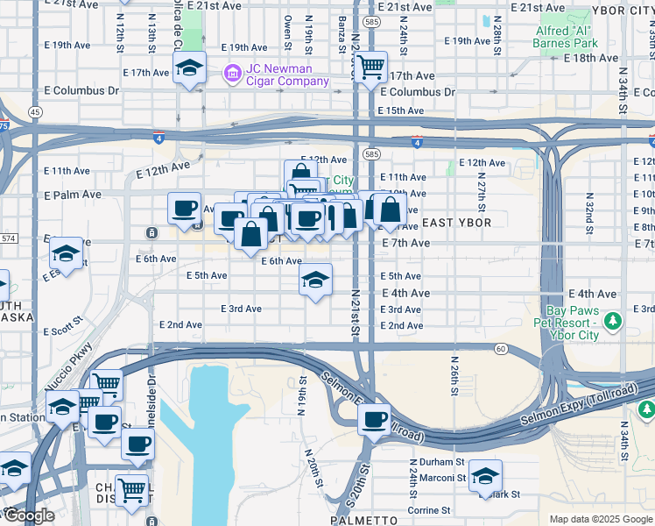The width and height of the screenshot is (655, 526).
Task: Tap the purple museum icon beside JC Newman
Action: [234, 71]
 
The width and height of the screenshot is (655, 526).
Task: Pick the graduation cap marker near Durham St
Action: [485, 475]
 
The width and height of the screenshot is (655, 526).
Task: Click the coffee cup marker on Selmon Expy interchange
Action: [375, 419]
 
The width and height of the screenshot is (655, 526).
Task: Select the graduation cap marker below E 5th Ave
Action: [315, 280]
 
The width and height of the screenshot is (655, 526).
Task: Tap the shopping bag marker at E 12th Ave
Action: [300, 174]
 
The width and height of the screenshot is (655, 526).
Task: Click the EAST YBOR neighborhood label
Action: [450, 224]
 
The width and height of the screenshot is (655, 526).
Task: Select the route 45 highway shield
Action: [35, 112]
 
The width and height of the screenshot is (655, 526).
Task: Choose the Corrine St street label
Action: [428, 510]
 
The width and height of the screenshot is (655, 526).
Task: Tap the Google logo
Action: [28, 515]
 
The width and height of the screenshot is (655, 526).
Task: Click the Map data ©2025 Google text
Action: [600, 519]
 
